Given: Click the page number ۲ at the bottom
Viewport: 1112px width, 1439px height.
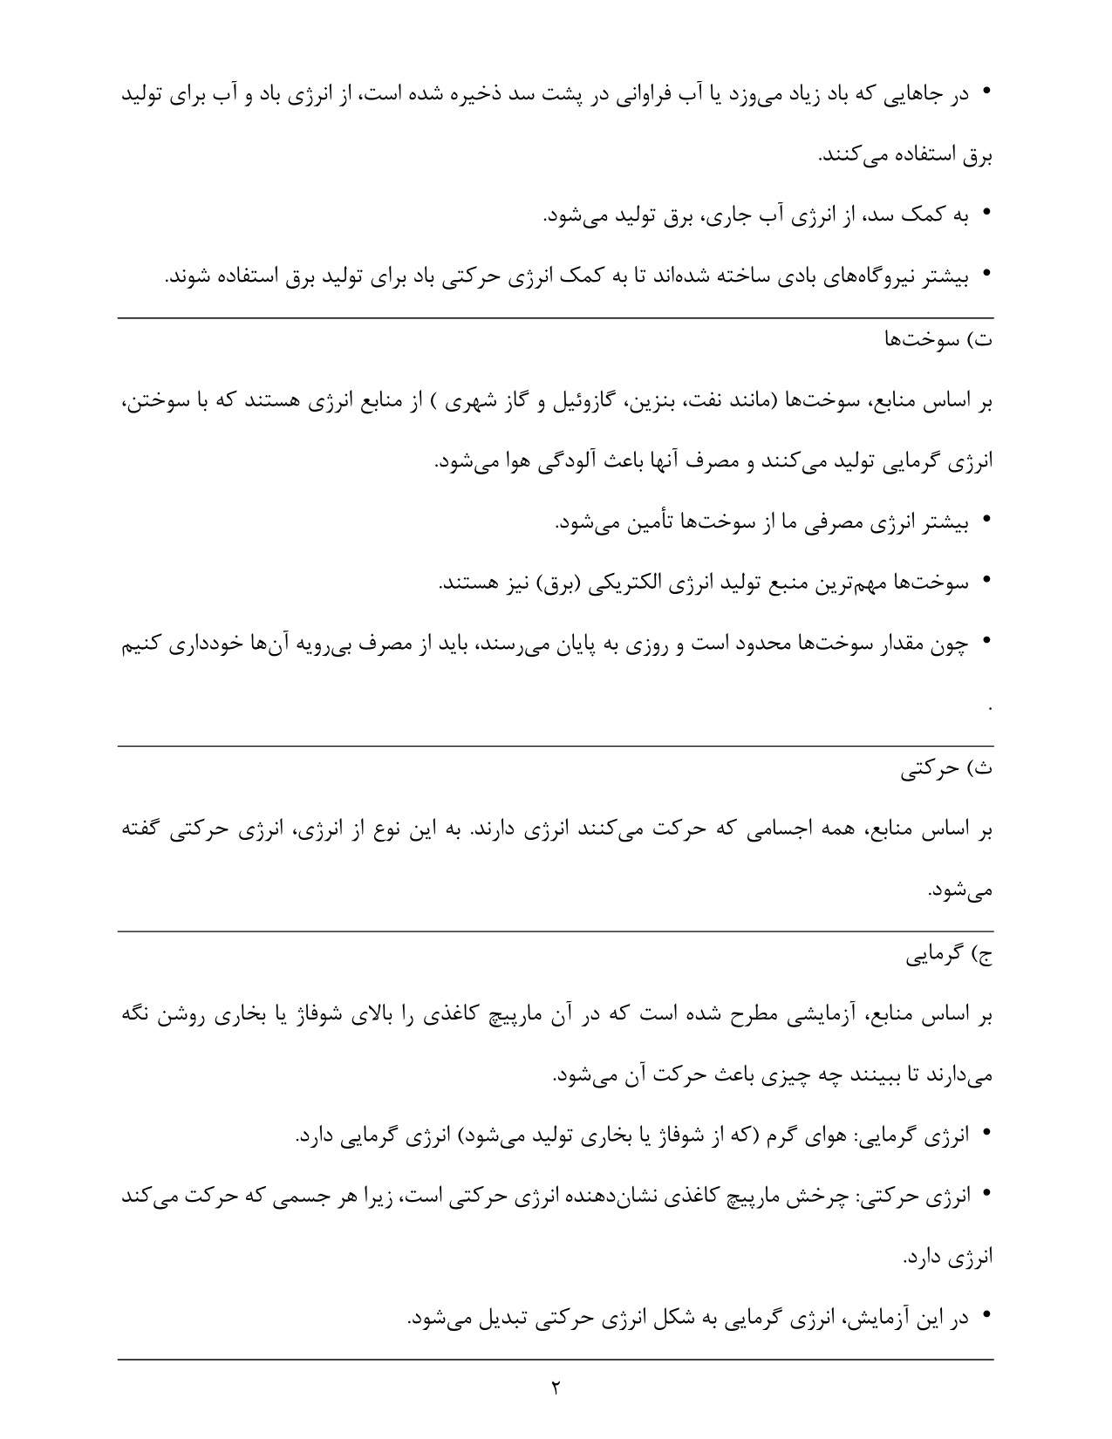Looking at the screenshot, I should [555, 1387].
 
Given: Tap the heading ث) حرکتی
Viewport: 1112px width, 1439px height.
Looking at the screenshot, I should [946, 769].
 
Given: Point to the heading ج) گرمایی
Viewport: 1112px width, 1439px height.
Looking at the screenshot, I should [945, 955].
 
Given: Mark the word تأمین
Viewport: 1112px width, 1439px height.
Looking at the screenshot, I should [646, 522].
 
